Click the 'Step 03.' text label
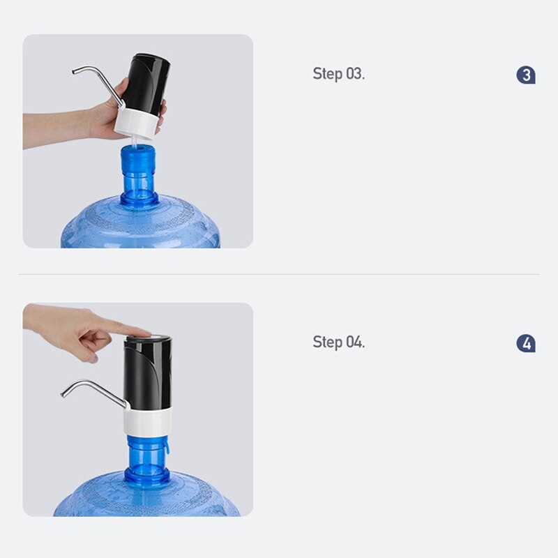pyautogui.click(x=338, y=74)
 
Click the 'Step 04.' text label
pyautogui.click(x=338, y=342)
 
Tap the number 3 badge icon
pyautogui.click(x=526, y=75)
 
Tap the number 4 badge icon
pyautogui.click(x=526, y=343)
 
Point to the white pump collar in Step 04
pyautogui.click(x=148, y=421)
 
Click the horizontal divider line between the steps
pyautogui.click(x=279, y=274)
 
